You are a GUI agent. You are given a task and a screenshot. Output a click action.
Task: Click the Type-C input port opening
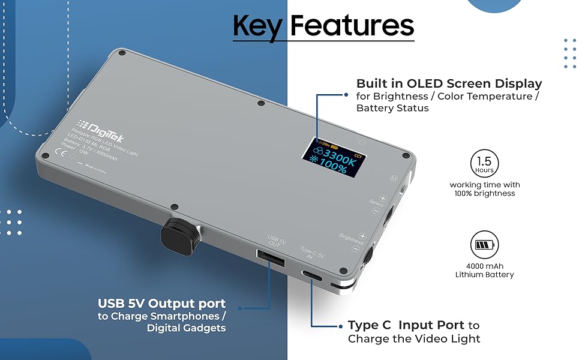coord(313,275)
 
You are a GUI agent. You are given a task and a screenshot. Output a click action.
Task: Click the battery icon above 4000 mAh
coord(485,245)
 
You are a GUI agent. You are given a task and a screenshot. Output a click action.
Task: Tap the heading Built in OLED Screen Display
coord(449,83)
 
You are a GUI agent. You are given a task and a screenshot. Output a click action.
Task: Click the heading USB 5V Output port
coord(162,303)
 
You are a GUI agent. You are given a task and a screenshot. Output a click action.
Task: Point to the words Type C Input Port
coord(406,325)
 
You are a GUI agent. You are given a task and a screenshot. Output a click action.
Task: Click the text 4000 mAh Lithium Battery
coord(485,270)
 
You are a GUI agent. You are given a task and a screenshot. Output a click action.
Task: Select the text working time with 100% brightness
coord(485,189)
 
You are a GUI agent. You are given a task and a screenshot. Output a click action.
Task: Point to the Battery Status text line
coord(392,108)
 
